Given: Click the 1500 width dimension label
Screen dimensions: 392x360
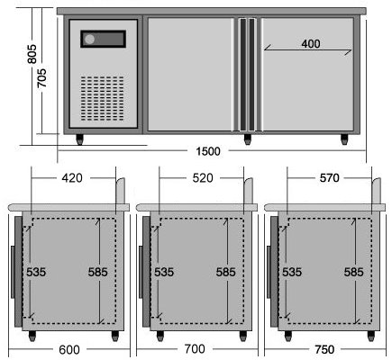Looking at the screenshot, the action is coord(208,151).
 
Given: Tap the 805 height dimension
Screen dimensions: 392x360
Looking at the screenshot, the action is coord(32,54).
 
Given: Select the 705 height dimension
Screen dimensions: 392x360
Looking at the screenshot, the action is coord(41,78).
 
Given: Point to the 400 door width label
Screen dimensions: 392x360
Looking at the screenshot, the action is coord(311,44).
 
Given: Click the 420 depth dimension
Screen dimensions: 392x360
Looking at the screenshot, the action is coord(72,178).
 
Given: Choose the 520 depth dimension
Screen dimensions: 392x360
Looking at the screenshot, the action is coord(203,178).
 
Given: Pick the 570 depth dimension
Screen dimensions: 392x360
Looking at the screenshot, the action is coord(330,178).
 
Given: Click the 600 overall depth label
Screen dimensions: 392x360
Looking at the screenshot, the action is coord(69,350).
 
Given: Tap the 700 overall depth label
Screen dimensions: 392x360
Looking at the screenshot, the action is coord(195,349).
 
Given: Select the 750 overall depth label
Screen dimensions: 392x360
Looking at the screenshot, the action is coord(324,349).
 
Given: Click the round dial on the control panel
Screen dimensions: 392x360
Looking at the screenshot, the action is coord(89,40).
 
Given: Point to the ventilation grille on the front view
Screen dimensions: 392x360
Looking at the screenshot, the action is coord(102,98).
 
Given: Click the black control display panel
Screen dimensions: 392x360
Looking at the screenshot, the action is coord(103,39).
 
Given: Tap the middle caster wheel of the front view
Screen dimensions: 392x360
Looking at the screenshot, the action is coord(248,139).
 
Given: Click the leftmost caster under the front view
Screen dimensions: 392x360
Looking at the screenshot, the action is coord(79,139).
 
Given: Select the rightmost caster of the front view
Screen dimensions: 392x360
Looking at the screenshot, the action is coord(344,139).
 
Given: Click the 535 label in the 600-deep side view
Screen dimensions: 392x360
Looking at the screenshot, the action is coord(36,272).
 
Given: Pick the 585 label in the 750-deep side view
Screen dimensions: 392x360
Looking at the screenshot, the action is coord(353,272).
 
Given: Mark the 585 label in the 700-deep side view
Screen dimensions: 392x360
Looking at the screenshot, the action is coord(226,272).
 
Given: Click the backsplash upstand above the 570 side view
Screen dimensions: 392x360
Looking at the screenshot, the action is coord(377,191).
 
